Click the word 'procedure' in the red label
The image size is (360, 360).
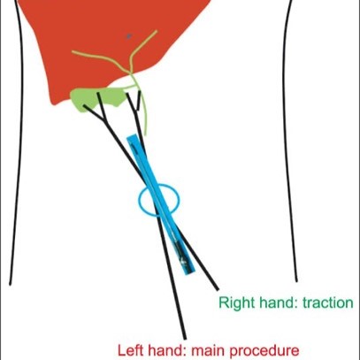click(x=264, y=352)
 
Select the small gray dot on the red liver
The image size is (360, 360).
click(x=128, y=36)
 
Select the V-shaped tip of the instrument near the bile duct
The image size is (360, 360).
click(x=134, y=102)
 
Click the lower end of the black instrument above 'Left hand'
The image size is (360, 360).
click(x=184, y=339)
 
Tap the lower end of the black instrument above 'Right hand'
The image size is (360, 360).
click(x=217, y=289)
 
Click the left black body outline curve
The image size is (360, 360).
click(x=19, y=142)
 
